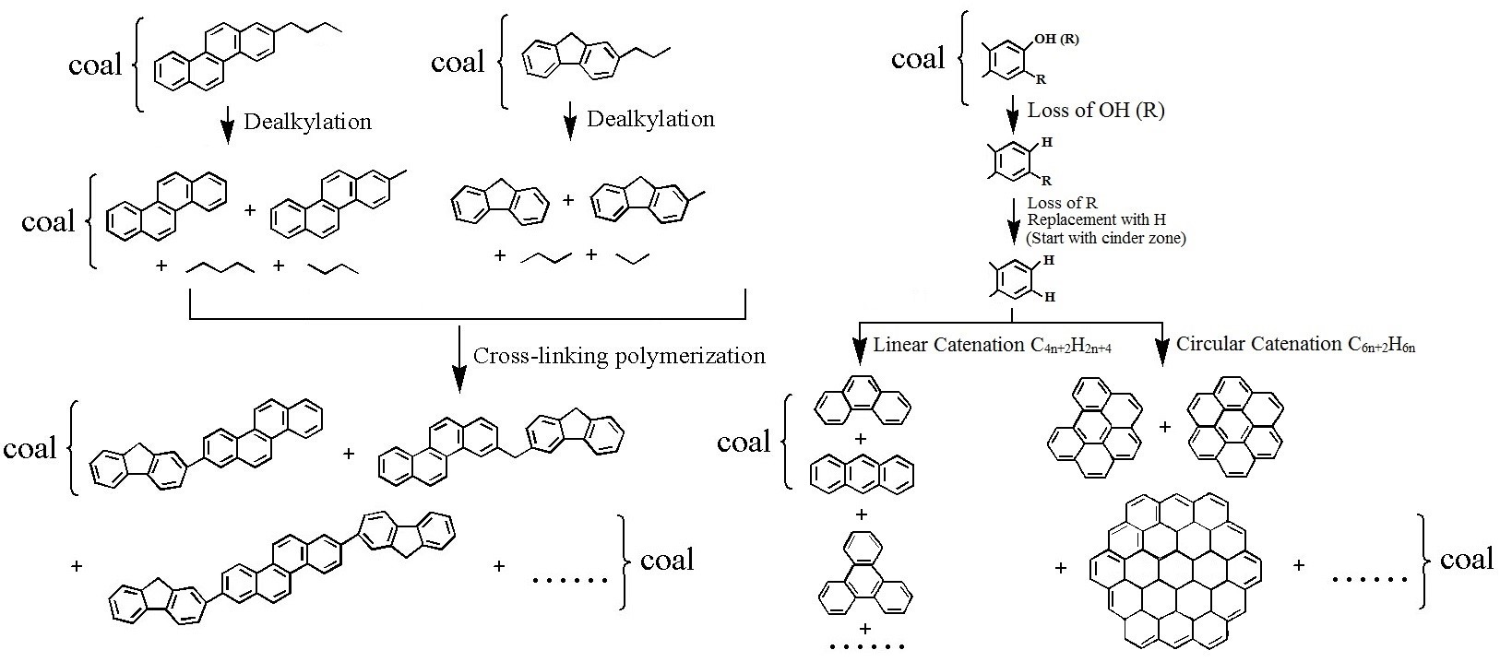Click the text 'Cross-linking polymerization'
pyautogui.click(x=619, y=356)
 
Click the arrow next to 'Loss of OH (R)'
pyautogui.click(x=1012, y=112)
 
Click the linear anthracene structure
pyautogui.click(x=862, y=475)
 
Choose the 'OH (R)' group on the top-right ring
pyautogui.click(x=1056, y=40)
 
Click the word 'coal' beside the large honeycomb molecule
pyautogui.click(x=1466, y=559)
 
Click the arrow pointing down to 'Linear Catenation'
pyautogui.click(x=861, y=346)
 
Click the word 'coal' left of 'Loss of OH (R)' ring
pyautogui.click(x=918, y=59)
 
